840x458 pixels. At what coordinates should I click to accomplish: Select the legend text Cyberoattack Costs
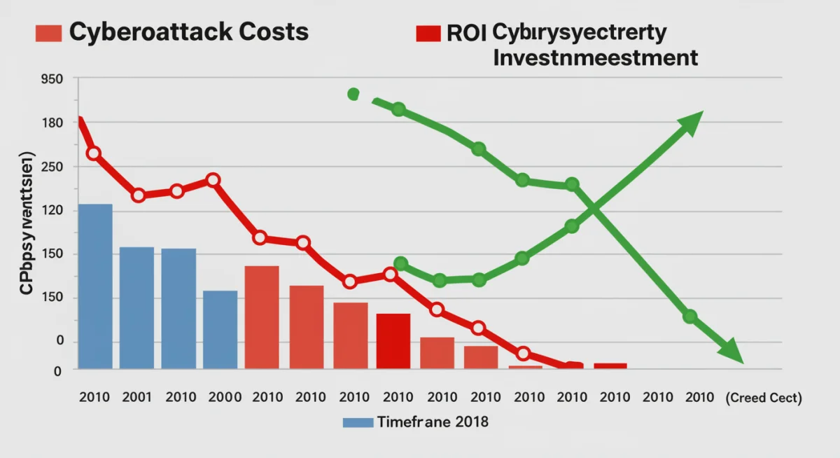click(188, 32)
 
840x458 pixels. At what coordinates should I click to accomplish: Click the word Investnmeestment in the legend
click(596, 57)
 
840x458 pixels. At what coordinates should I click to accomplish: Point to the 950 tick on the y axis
click(52, 79)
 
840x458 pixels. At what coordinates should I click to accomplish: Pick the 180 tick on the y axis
click(52, 123)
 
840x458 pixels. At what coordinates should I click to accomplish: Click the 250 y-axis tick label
click(52, 167)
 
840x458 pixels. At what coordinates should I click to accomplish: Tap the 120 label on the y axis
click(52, 211)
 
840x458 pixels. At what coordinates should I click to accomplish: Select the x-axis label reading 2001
click(136, 397)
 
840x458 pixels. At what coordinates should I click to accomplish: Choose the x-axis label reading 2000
click(224, 397)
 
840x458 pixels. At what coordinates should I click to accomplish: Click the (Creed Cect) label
click(763, 398)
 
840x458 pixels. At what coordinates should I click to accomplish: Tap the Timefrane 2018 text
click(433, 422)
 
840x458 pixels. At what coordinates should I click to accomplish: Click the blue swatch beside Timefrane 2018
click(358, 422)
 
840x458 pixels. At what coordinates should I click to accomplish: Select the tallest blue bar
click(95, 286)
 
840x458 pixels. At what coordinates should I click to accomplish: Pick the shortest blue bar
click(220, 329)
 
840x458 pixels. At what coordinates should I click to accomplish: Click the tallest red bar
click(262, 317)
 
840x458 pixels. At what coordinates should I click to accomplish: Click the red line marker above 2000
click(213, 180)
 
